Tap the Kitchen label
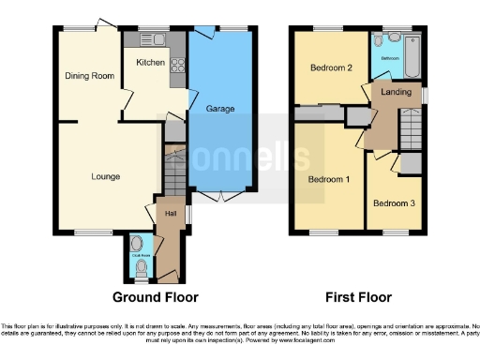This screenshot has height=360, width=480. click(x=150, y=63)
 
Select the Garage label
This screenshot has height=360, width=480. click(x=220, y=109)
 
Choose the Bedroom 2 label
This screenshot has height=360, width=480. click(x=330, y=67)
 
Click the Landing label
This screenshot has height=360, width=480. click(x=395, y=92)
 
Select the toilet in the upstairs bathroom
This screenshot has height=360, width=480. click(x=378, y=41)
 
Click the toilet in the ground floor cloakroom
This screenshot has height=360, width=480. click(x=141, y=265)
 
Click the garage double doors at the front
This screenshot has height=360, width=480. click(x=222, y=198)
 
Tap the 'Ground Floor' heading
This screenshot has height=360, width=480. click(x=156, y=297)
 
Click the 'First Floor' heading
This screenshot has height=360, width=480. click(x=358, y=297)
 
